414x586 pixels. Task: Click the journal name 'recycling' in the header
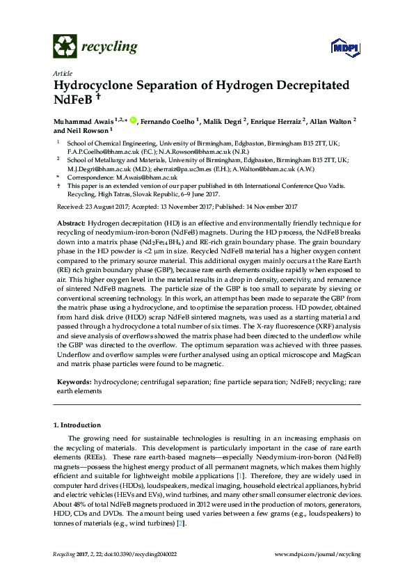[109, 47]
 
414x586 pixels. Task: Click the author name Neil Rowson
[86, 131]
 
